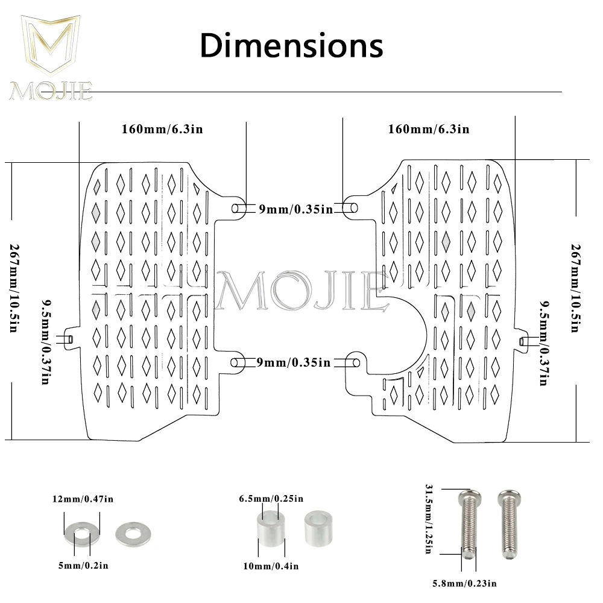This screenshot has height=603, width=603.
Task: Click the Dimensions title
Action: click(x=291, y=45)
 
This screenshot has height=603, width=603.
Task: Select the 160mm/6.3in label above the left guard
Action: click(x=162, y=130)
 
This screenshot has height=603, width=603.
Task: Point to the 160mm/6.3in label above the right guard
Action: click(x=429, y=129)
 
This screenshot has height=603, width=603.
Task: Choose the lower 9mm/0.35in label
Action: click(x=294, y=362)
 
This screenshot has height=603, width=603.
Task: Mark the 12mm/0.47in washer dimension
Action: click(x=83, y=499)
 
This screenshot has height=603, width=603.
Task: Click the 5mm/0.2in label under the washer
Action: click(x=83, y=565)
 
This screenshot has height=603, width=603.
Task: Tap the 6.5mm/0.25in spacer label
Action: click(x=271, y=499)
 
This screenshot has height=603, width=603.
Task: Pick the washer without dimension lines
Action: click(x=133, y=531)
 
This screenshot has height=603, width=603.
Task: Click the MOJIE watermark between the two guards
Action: click(x=301, y=289)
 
